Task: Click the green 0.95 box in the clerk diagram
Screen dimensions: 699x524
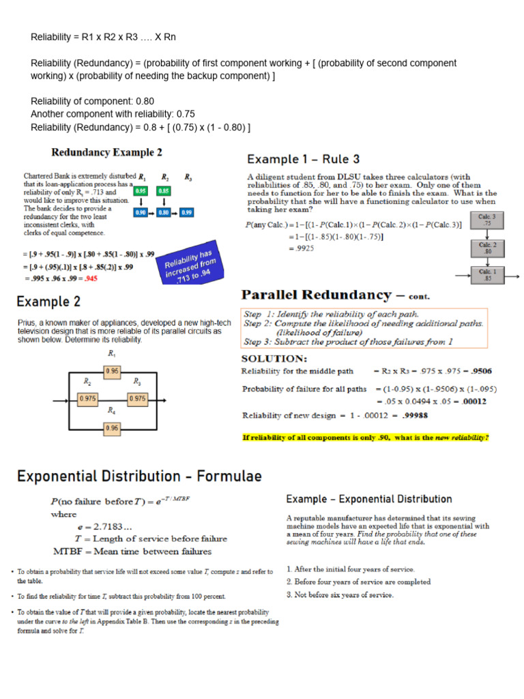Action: pos(141,192)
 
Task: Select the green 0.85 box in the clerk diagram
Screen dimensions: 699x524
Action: pos(164,192)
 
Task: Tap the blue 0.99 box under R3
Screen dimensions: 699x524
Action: pos(187,213)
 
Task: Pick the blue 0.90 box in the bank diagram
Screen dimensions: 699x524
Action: pos(141,213)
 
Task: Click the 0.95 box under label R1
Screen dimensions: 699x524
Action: pos(112,371)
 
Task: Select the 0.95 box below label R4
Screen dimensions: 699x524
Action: pos(112,428)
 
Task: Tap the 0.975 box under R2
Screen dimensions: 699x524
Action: pos(88,398)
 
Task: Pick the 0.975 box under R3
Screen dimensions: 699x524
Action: pos(137,398)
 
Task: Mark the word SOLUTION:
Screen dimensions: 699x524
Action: pos(275,358)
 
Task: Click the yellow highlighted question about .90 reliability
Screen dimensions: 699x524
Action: pos(366,437)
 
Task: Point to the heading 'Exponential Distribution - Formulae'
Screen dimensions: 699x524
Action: pos(139,476)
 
